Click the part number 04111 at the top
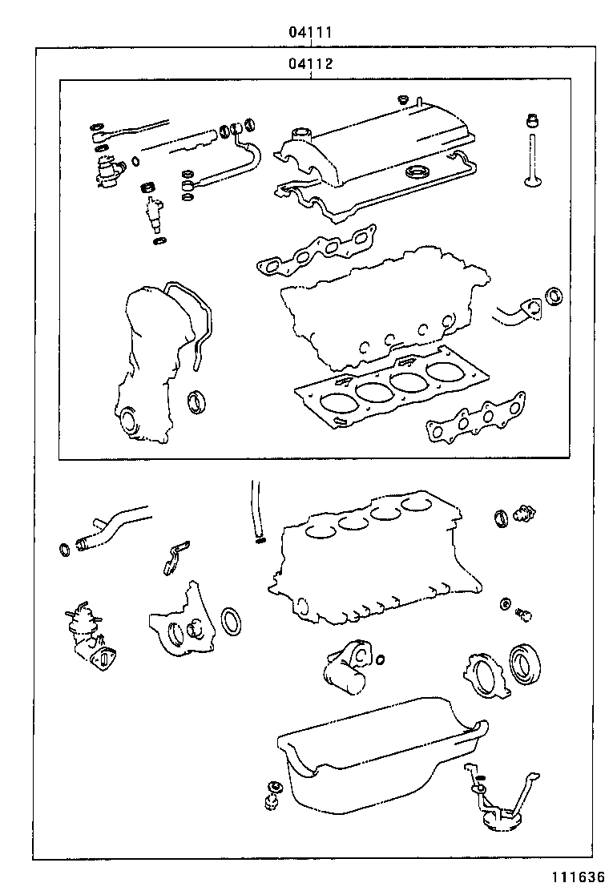[x=311, y=33]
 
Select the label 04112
[x=311, y=64]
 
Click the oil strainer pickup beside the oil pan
[x=497, y=805]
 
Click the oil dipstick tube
[x=256, y=509]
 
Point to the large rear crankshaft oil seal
[x=525, y=663]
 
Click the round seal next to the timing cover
[x=196, y=401]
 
